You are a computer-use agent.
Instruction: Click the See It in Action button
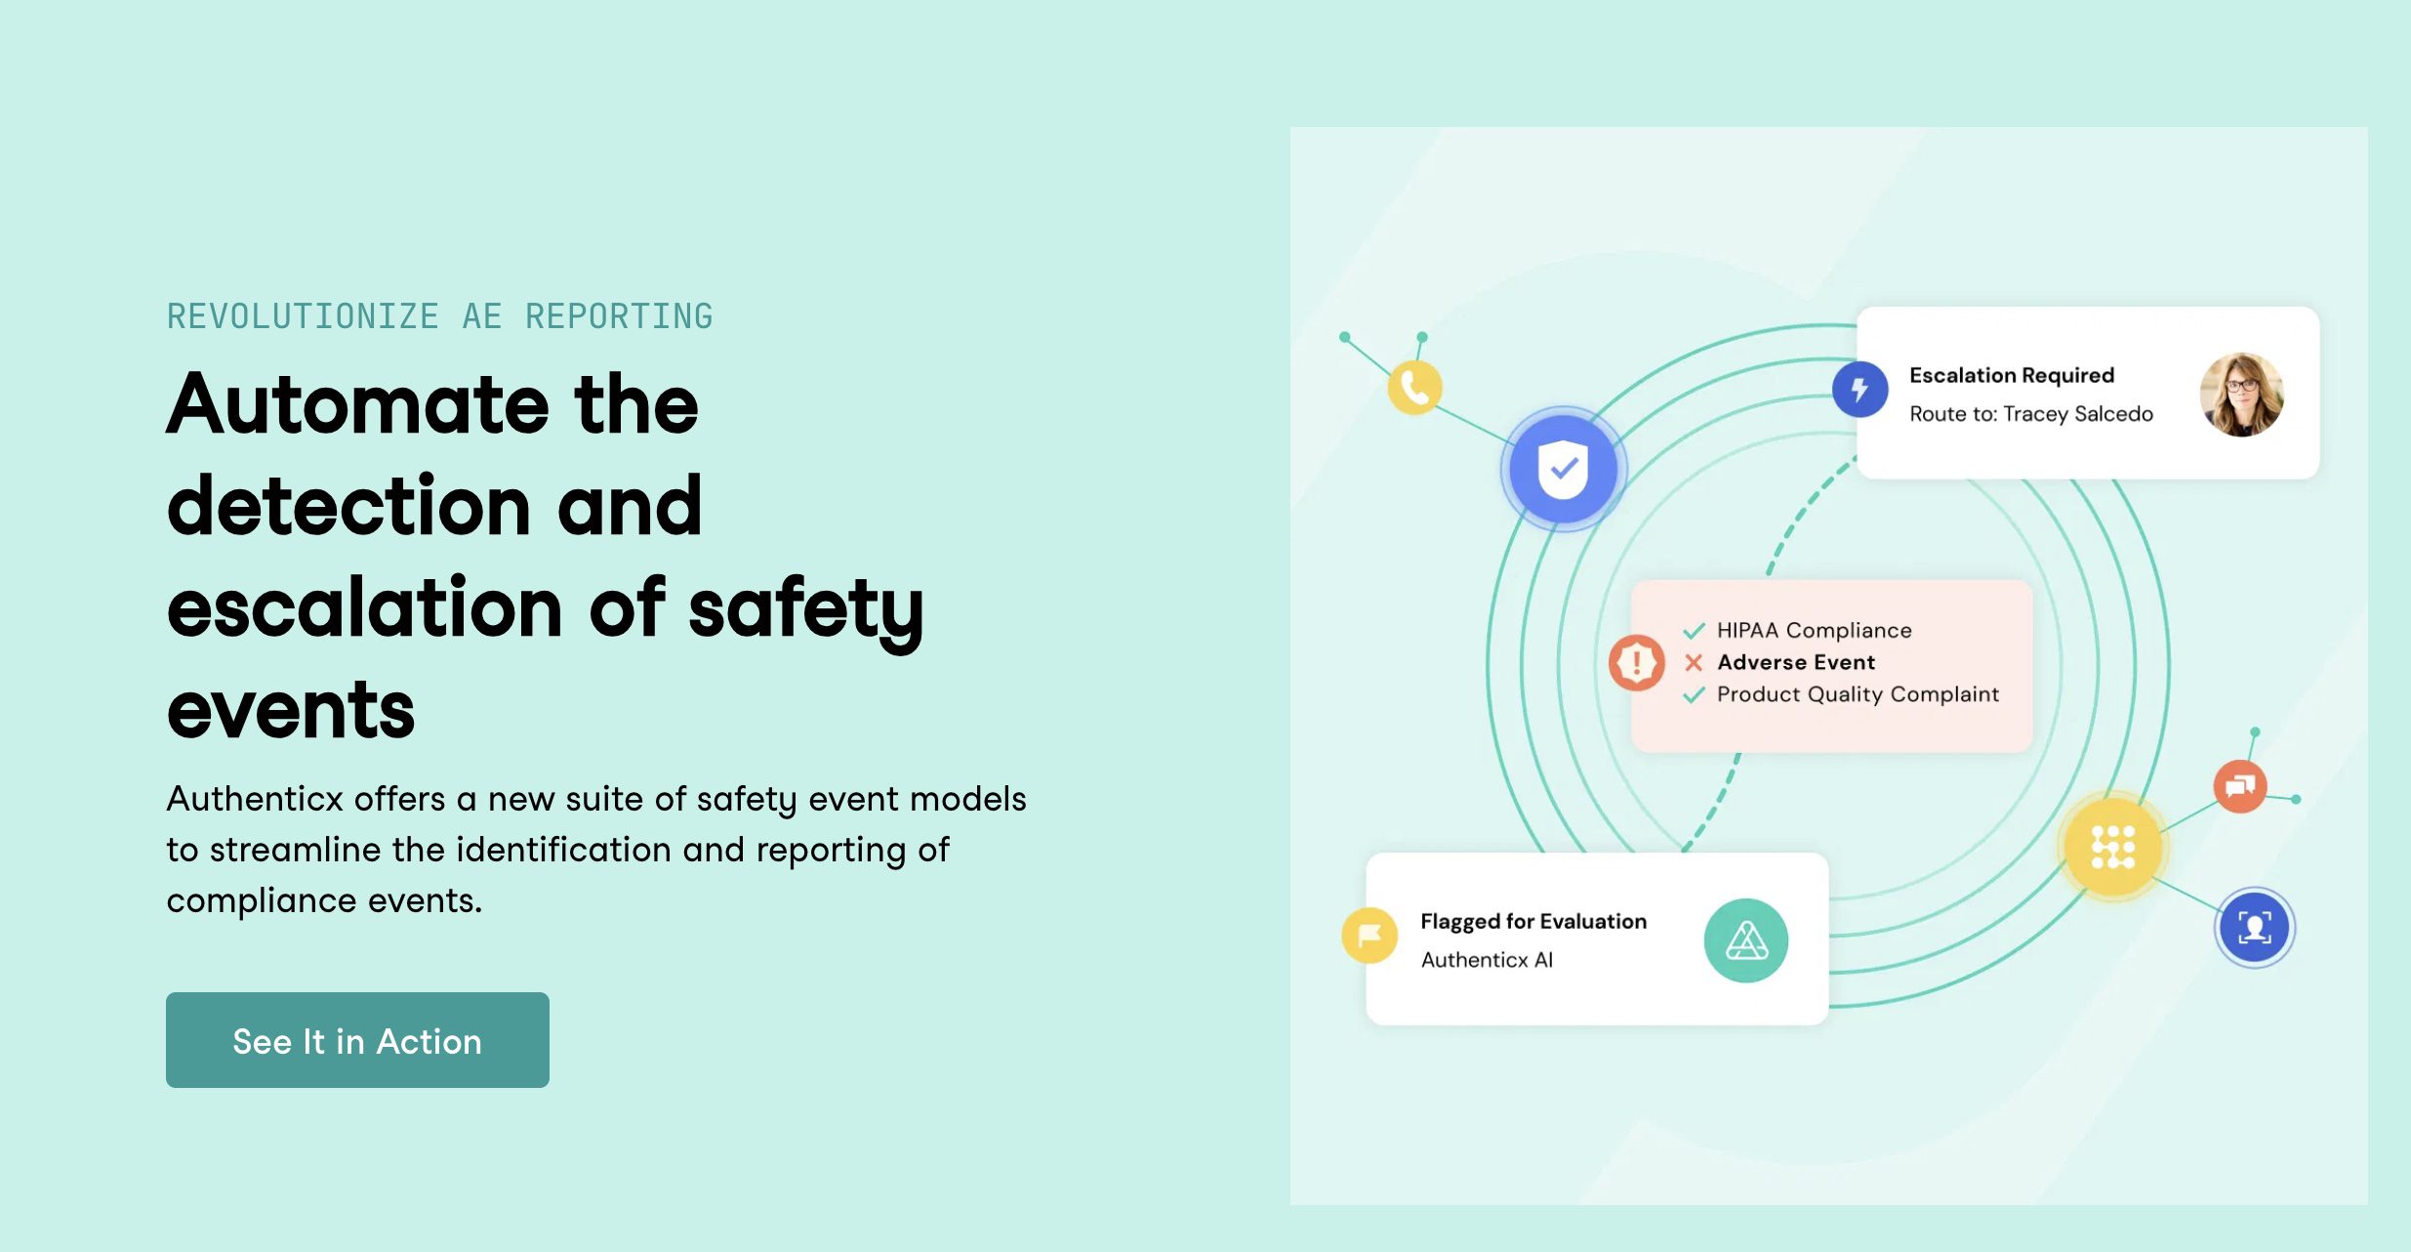click(x=357, y=1040)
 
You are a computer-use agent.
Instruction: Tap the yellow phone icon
click(x=1414, y=388)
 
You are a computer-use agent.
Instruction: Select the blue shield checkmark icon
click(x=1563, y=469)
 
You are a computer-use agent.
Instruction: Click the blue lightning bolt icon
click(x=1859, y=389)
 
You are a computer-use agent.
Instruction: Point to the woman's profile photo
click(x=2241, y=395)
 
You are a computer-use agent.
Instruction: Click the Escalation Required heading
click(x=2011, y=375)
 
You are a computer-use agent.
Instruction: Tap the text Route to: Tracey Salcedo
click(x=2030, y=414)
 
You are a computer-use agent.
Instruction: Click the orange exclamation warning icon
click(x=1636, y=663)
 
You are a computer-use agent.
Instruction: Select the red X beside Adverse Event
click(x=1694, y=663)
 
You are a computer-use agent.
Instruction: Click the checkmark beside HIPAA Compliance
click(x=1694, y=631)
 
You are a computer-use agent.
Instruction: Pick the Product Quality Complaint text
click(x=1858, y=694)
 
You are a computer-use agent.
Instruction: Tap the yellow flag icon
click(x=1369, y=936)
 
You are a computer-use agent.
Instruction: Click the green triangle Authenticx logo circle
click(x=1745, y=940)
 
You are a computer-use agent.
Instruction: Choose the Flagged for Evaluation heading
click(x=1532, y=921)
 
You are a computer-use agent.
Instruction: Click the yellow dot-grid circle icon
click(x=2112, y=847)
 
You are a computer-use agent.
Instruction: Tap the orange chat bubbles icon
click(x=2240, y=786)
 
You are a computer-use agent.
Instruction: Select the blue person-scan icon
click(x=2254, y=927)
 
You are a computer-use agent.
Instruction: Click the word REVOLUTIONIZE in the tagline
click(x=303, y=316)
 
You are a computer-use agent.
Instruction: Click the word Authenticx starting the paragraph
click(x=256, y=799)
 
